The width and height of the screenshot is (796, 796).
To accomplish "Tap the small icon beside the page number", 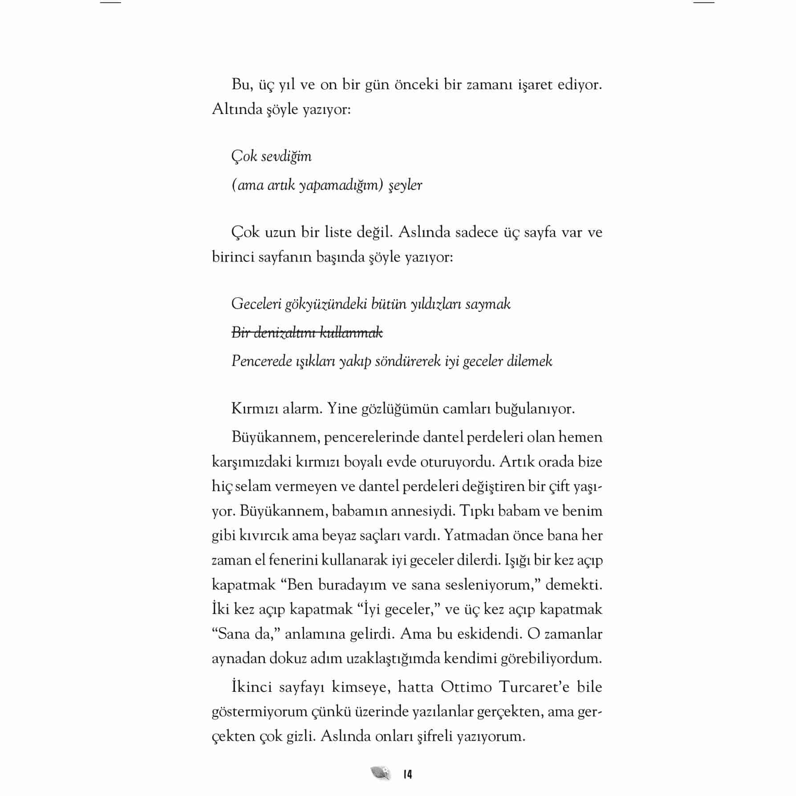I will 380,773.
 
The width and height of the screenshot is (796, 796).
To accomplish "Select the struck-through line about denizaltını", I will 307,333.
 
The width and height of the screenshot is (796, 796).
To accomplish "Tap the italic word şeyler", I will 406,185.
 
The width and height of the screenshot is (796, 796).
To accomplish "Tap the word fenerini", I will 293,560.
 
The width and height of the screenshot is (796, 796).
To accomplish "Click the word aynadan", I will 238,658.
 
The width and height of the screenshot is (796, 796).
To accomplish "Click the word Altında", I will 237,109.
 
